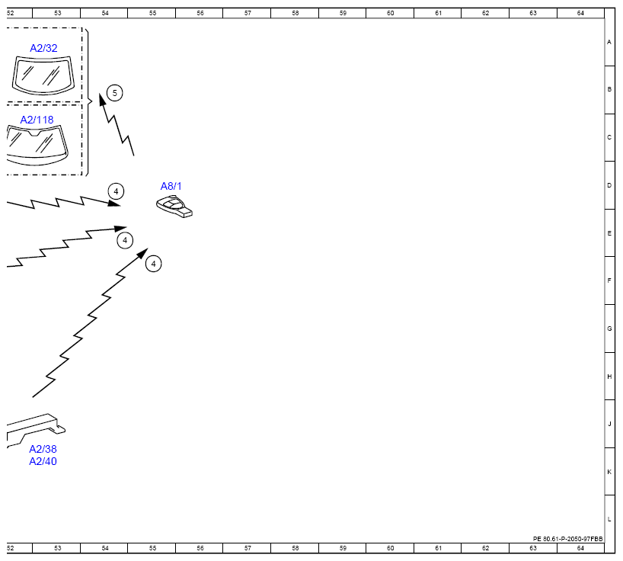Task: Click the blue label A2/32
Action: (x=43, y=48)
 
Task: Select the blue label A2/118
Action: (x=37, y=120)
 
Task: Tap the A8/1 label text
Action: (x=171, y=186)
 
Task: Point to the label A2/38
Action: (x=43, y=449)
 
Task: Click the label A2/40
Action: (x=43, y=461)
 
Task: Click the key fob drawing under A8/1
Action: (x=174, y=207)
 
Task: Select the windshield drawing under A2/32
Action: (x=43, y=75)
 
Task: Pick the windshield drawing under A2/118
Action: (x=37, y=145)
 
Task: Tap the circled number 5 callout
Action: (x=115, y=93)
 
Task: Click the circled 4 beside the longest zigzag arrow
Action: (x=153, y=264)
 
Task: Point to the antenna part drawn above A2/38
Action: (x=36, y=429)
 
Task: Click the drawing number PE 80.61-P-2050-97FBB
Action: (x=567, y=539)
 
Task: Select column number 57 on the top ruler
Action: (x=248, y=13)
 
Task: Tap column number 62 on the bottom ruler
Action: (x=485, y=548)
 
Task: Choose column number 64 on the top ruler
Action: (x=580, y=13)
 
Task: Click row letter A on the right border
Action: (x=609, y=42)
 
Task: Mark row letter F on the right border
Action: (x=609, y=280)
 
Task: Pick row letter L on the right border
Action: (x=609, y=519)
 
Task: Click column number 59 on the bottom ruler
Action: (x=343, y=548)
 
